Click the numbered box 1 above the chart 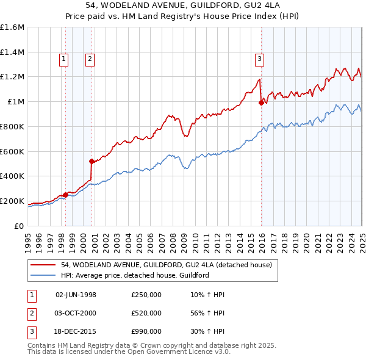(64, 59)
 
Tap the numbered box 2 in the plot (90, 59)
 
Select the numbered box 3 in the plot (259, 59)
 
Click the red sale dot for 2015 (261, 103)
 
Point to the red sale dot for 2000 (91, 161)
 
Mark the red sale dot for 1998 (65, 195)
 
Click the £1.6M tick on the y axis (12, 27)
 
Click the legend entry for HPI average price (135, 275)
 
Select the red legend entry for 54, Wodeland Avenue (170, 265)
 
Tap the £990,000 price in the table (146, 332)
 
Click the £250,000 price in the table (146, 295)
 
